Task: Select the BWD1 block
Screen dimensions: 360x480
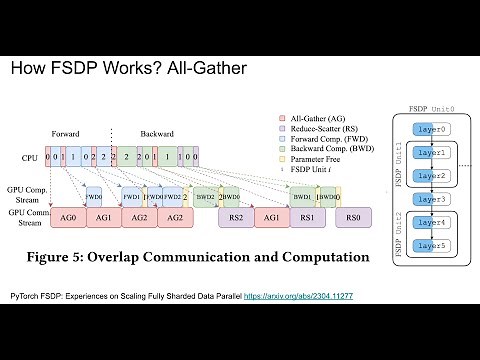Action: [300, 197]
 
